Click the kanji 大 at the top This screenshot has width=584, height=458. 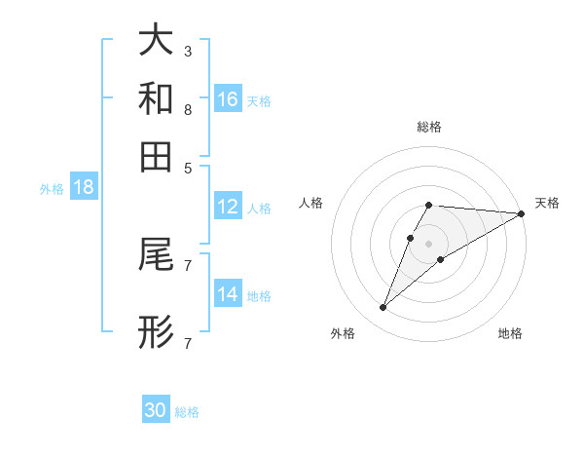[157, 40]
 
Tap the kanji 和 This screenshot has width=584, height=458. [157, 99]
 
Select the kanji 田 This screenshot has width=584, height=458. [157, 156]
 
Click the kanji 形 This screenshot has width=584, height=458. [157, 332]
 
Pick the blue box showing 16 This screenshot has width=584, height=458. [228, 98]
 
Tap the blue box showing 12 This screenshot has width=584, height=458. [228, 207]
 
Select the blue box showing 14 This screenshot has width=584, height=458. [228, 294]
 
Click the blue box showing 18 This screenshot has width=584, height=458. [84, 187]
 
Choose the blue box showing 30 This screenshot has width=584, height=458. [156, 410]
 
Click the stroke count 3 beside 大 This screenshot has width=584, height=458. [187, 51]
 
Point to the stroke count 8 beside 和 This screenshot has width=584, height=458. [187, 109]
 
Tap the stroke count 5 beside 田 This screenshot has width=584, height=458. [187, 167]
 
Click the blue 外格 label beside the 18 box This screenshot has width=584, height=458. [52, 189]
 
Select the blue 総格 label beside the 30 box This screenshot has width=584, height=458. [187, 412]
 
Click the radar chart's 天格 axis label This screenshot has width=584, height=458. [547, 203]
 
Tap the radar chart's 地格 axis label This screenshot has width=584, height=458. [510, 333]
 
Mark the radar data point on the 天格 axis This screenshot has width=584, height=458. [522, 214]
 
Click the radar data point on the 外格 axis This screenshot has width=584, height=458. [383, 308]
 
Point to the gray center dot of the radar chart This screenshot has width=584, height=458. [429, 243]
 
